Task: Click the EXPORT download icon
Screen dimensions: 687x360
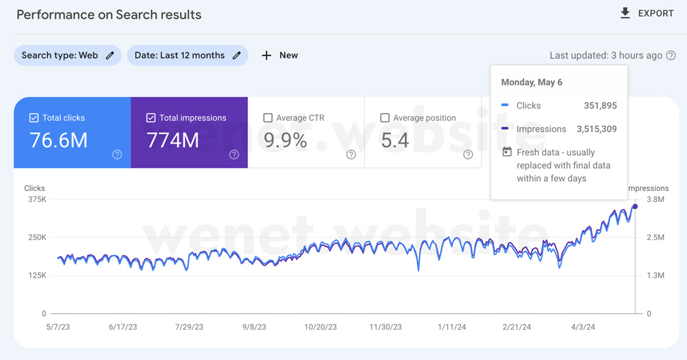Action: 625,13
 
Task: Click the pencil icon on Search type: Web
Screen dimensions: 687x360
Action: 110,55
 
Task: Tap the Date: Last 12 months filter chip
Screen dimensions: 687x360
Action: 188,55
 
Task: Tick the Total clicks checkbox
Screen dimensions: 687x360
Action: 34,117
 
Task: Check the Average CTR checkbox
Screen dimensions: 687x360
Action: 268,117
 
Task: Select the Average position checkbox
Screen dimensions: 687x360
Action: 385,117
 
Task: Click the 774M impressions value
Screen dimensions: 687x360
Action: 172,140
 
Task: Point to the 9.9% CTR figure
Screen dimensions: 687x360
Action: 285,140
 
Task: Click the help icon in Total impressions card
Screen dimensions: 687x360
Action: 234,154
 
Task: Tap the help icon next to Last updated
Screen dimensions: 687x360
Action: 671,56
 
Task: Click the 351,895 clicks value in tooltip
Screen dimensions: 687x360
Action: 600,106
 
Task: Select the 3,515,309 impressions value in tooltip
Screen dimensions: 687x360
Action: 597,129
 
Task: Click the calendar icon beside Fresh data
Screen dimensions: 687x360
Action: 507,152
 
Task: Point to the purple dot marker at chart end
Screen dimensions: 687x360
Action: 635,206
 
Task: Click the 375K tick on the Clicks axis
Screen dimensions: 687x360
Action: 37,200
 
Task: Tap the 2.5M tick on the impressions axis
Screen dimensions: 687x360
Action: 655,238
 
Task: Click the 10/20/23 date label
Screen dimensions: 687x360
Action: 321,327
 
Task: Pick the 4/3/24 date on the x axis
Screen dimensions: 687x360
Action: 583,327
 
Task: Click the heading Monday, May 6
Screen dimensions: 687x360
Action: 532,82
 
